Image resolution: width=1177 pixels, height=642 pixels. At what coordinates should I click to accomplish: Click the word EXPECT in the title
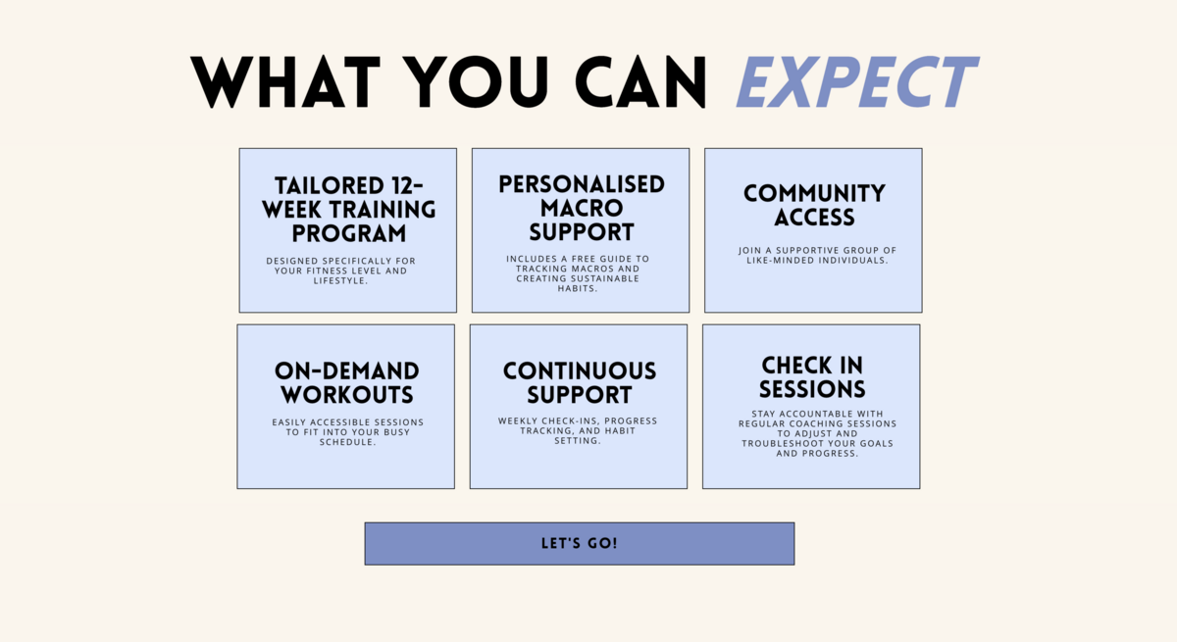coord(856,82)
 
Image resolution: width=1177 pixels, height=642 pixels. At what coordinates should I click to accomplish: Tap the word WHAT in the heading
coord(285,82)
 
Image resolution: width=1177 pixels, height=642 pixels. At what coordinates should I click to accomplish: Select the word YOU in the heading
coord(480,82)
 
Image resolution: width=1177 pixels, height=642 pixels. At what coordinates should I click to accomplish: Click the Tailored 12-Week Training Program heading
coord(349,210)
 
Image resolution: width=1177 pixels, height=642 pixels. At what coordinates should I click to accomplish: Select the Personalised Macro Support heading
coord(582,208)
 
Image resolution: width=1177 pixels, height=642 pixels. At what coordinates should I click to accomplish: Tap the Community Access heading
coord(814,205)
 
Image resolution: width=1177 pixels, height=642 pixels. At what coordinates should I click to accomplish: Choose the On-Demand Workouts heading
coord(347,382)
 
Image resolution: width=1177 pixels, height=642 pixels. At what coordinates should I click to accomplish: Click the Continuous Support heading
coord(580,382)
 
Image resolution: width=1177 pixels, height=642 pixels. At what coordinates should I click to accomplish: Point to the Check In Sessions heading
coord(812,377)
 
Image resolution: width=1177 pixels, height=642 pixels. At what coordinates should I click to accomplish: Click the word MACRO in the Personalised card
coord(582,208)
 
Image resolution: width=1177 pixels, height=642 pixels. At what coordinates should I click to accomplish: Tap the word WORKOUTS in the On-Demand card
coord(347,395)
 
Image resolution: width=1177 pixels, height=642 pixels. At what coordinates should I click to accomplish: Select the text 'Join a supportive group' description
coord(817,255)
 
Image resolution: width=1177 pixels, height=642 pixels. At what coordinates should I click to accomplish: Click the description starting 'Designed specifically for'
coord(340,271)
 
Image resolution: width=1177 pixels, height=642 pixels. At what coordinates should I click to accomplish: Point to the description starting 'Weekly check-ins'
coord(578,430)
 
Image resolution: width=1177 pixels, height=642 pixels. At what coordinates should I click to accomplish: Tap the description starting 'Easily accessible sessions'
coord(347,432)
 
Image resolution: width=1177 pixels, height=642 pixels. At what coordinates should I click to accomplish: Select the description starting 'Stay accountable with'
coord(817,433)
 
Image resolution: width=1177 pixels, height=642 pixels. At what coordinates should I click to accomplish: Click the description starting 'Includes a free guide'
coord(578,273)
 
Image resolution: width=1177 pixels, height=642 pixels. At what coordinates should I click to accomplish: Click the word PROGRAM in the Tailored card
coord(349,233)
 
